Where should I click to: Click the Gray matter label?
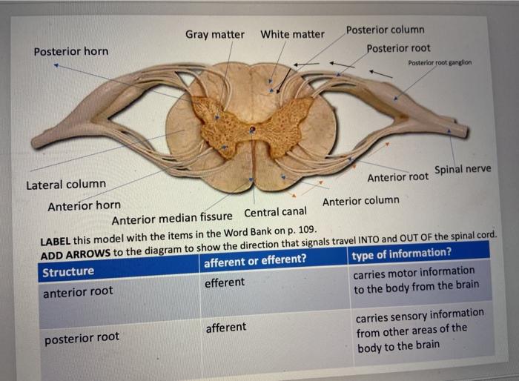tap(214, 35)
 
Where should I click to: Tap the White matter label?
tap(292, 34)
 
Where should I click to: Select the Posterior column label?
tap(385, 30)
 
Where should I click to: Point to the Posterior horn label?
tap(70, 51)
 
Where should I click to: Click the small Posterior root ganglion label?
tap(439, 63)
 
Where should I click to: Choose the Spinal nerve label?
tap(463, 169)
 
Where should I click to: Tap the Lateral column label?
tap(66, 184)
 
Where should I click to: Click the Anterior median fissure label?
tap(171, 219)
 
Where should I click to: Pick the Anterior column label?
tap(360, 200)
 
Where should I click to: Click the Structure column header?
tap(68, 271)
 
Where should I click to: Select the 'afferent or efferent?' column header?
tap(254, 259)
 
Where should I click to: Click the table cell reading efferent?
tap(224, 282)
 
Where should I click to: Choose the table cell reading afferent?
tap(225, 327)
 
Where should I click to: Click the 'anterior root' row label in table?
tap(78, 291)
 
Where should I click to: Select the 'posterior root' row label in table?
tap(82, 338)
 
